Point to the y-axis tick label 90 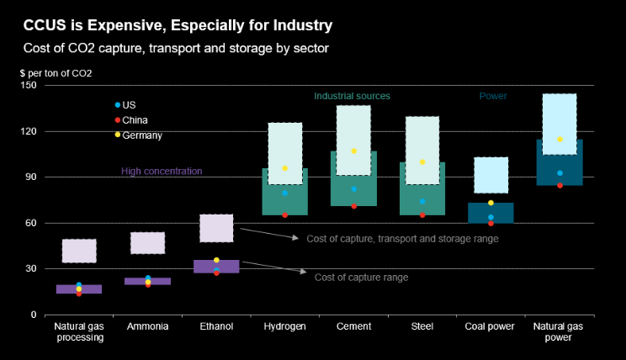[x=31, y=177]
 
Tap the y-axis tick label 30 [x=31, y=269]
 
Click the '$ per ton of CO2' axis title [x=56, y=73]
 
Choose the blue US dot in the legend [x=118, y=105]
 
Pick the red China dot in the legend [x=118, y=120]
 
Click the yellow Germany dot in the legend [x=118, y=135]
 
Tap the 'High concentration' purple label [x=162, y=172]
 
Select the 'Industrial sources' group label [x=352, y=97]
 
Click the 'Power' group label [x=493, y=97]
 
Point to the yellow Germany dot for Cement [x=354, y=151]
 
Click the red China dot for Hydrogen [x=284, y=215]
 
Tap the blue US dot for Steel [x=422, y=201]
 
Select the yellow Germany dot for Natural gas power [x=560, y=140]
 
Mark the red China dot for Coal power [x=491, y=223]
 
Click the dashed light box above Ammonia [x=147, y=243]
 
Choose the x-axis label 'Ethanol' [x=216, y=326]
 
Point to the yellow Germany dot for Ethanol [x=216, y=261]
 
